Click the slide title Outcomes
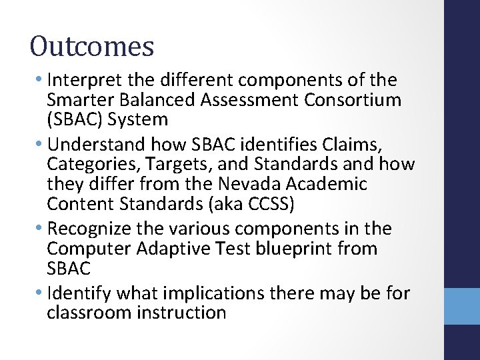coord(92,47)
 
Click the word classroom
coord(89,313)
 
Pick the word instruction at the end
coord(182,313)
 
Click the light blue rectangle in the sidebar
coord(462,306)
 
